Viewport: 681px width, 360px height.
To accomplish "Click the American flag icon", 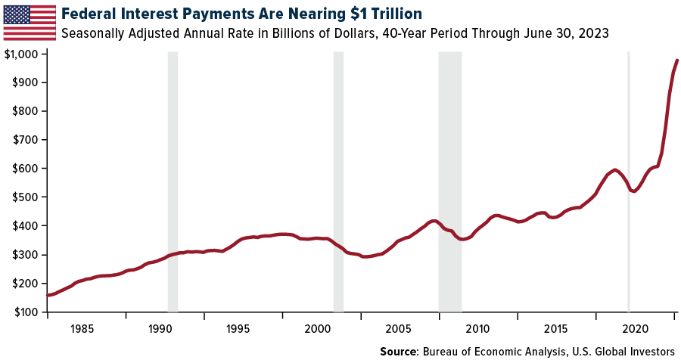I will pyautogui.click(x=30, y=22).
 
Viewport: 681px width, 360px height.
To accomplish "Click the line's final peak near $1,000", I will pyautogui.click(x=677, y=60).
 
